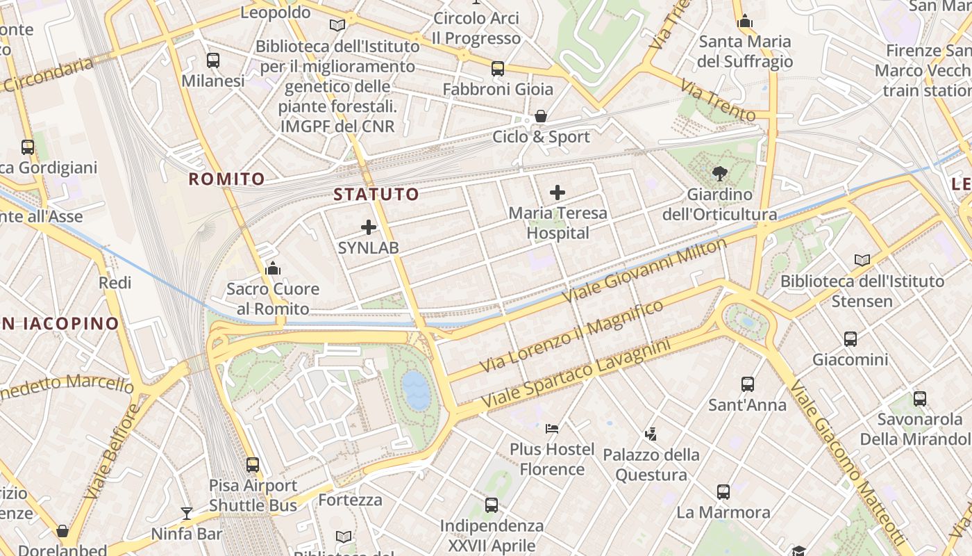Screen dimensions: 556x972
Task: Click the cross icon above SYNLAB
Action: tap(369, 227)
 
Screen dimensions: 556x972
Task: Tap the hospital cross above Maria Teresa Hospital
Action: tap(557, 193)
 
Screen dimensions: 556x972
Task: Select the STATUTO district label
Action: tap(376, 195)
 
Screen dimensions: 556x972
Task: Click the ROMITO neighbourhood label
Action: tap(227, 179)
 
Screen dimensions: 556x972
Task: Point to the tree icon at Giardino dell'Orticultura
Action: tap(719, 174)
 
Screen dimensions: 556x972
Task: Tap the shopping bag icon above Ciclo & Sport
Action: tap(541, 116)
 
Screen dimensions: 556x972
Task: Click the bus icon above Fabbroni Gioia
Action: tap(497, 69)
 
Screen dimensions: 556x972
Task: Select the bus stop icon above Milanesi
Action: tap(213, 60)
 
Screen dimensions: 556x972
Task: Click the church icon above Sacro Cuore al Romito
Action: tap(273, 268)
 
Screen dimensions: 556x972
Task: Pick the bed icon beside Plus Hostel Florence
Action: tap(552, 428)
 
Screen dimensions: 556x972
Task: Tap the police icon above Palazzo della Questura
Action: tap(651, 434)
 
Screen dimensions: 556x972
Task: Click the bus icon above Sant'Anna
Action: tap(747, 384)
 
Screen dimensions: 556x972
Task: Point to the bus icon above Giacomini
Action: tap(850, 339)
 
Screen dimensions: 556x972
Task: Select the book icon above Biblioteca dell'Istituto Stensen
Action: tap(862, 260)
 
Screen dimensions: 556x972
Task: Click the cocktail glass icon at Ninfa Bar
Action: tap(186, 514)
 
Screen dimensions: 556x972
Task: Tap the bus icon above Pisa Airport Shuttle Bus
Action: tap(253, 464)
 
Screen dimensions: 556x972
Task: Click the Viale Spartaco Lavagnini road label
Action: tap(576, 374)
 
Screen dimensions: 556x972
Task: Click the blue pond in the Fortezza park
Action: tap(416, 390)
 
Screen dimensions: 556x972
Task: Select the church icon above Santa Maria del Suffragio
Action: tap(745, 22)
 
